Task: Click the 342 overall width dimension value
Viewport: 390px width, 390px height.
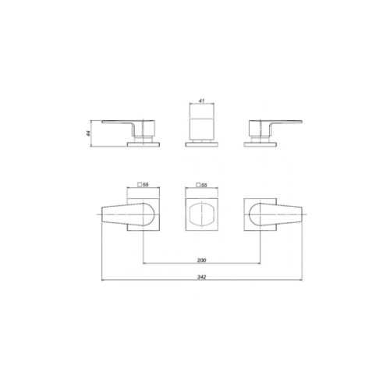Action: point(201,277)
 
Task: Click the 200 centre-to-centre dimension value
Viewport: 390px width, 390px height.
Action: point(201,260)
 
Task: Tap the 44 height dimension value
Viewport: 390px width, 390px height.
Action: point(88,133)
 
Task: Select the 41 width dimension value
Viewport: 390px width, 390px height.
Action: point(201,101)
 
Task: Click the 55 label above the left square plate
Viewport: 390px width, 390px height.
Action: point(145,185)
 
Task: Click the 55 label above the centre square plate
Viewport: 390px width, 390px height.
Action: point(204,185)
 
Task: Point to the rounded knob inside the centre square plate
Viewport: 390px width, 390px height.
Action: point(201,214)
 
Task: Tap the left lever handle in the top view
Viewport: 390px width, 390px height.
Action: point(128,214)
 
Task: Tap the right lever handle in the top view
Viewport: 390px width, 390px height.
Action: point(275,214)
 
